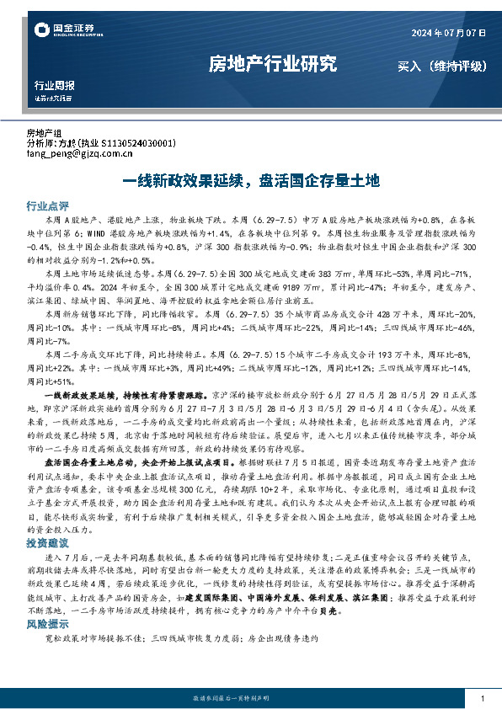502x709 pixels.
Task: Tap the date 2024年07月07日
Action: [x=448, y=33]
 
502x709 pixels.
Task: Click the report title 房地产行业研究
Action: [x=272, y=63]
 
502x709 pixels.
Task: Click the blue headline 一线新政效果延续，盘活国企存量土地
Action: [x=251, y=180]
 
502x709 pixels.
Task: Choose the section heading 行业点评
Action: [x=47, y=205]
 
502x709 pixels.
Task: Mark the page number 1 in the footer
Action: [x=481, y=699]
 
